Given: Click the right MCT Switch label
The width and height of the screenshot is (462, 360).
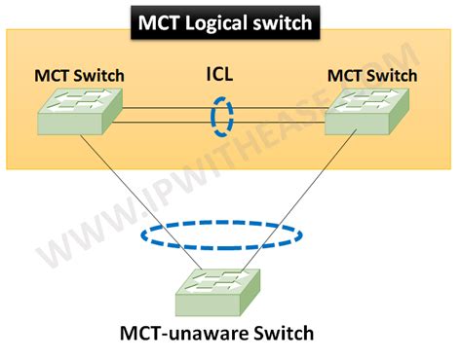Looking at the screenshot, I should click(x=371, y=75).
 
